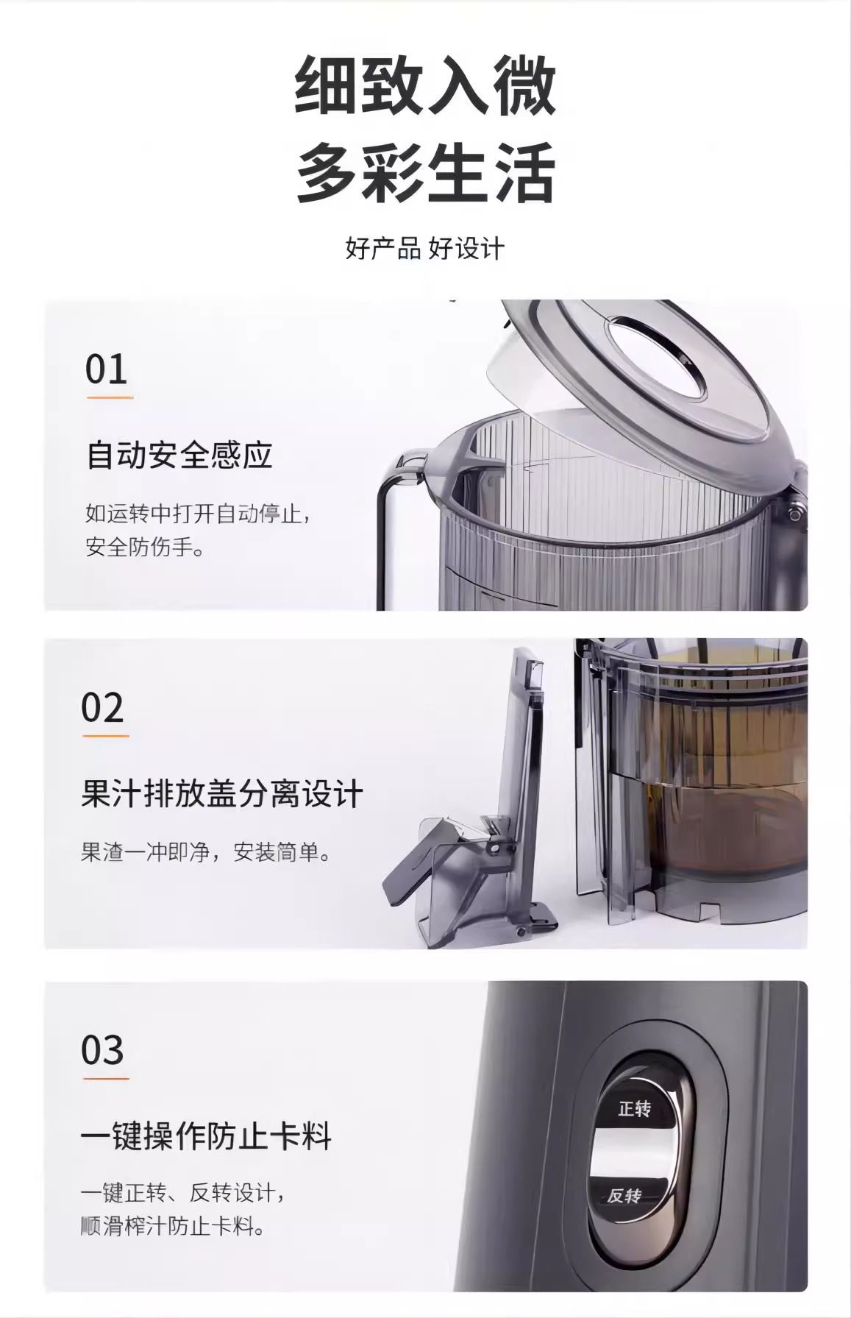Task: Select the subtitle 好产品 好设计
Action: [425, 248]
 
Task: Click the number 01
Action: [107, 369]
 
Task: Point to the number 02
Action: [102, 708]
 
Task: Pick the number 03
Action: [102, 1050]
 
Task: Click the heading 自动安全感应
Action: [179, 454]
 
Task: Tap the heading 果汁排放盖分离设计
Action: [222, 795]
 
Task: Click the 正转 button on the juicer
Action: [634, 1108]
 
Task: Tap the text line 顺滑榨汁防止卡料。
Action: [173, 1227]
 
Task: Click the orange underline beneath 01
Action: [110, 397]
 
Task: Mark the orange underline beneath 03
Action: [105, 1078]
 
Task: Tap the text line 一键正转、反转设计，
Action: [182, 1192]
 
